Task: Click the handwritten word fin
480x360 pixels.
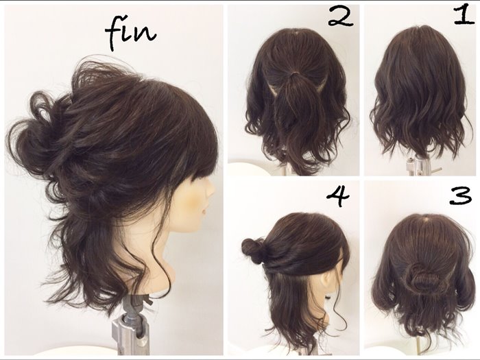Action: [130, 34]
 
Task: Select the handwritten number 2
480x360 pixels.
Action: [341, 16]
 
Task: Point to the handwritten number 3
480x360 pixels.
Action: [461, 196]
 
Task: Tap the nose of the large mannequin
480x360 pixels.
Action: [211, 191]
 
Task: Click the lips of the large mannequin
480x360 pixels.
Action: [205, 211]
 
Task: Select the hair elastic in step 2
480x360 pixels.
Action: [295, 73]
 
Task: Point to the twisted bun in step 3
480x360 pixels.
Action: [419, 276]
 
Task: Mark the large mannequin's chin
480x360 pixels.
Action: [196, 228]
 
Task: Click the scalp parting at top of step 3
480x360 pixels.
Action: [426, 219]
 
